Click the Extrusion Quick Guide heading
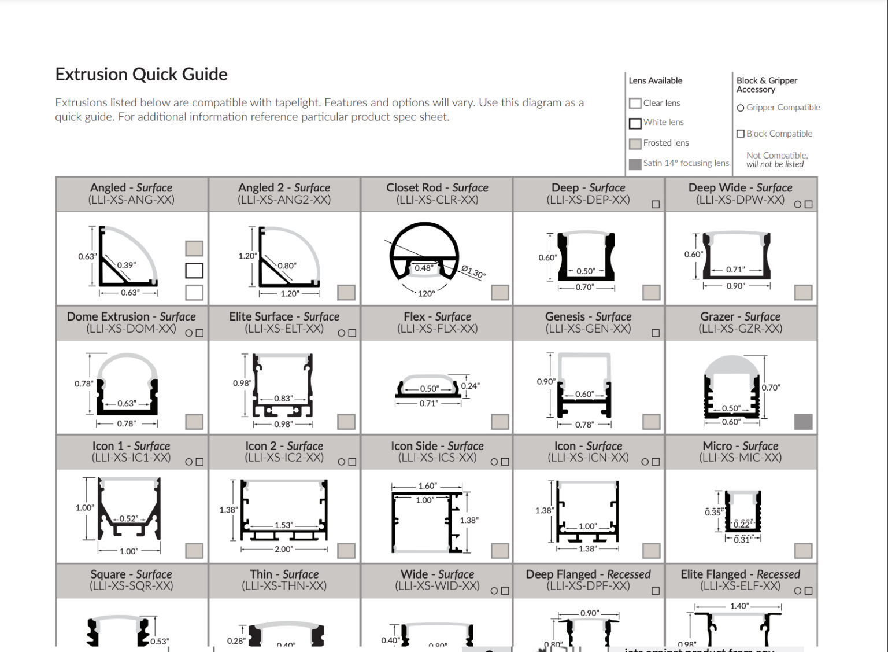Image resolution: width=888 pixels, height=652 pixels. (x=141, y=74)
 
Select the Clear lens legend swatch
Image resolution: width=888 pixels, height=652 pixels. (x=635, y=104)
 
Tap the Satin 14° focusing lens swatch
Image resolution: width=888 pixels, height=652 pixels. (x=635, y=164)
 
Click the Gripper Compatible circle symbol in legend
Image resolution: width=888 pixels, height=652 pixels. (x=740, y=108)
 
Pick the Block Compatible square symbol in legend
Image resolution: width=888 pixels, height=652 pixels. (x=740, y=134)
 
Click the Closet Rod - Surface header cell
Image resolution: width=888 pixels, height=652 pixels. (x=437, y=194)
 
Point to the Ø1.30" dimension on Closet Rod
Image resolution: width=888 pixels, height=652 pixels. (x=473, y=272)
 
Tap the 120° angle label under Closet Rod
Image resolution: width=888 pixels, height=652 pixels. (x=426, y=293)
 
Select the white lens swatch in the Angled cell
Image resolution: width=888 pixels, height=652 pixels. (x=194, y=270)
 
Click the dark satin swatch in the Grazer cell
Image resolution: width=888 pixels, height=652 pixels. (x=803, y=422)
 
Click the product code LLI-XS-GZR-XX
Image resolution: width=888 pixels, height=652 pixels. (x=740, y=329)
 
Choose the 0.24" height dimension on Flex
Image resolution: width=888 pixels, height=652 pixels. (x=471, y=386)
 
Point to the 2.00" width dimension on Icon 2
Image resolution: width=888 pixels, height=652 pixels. (x=283, y=549)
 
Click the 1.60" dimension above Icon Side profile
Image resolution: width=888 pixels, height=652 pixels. (x=427, y=486)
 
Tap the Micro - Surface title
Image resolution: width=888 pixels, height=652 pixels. (x=740, y=446)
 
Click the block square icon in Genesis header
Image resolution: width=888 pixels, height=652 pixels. (x=656, y=333)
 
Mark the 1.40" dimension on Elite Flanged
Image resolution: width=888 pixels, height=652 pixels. (x=739, y=606)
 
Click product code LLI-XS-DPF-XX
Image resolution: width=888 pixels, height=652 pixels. (x=588, y=586)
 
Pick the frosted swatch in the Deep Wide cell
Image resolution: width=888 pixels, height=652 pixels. (x=803, y=293)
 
